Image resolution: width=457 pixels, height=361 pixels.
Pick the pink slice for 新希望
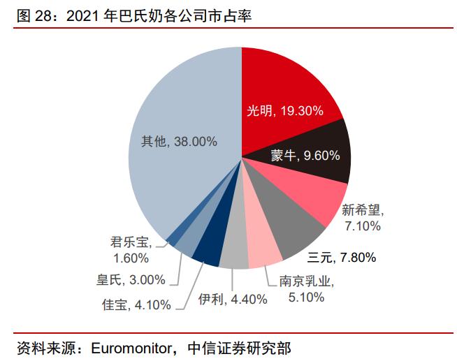click(318, 199)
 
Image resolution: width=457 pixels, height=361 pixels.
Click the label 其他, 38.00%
click(174, 142)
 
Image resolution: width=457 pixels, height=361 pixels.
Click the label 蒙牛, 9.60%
click(305, 155)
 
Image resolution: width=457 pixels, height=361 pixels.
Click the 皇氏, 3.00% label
click(131, 280)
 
